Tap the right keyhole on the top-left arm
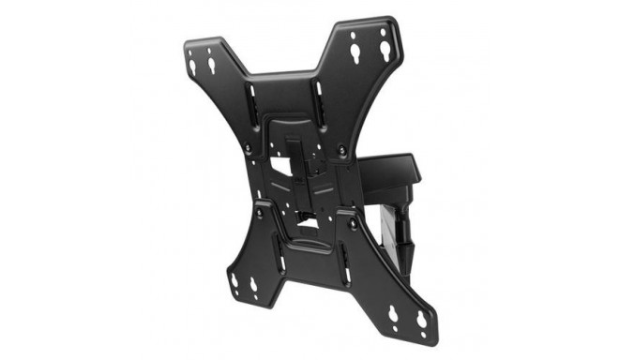point(211,65)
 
